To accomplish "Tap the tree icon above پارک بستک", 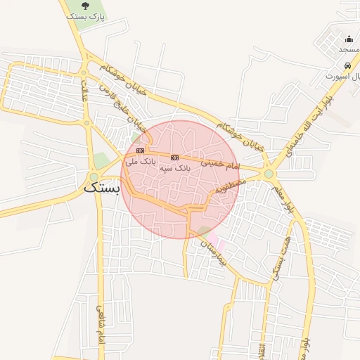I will (x=86, y=6).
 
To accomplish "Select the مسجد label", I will (x=348, y=49).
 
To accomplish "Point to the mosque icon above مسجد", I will (x=349, y=39).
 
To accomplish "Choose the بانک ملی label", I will (x=140, y=161).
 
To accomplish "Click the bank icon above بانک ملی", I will (x=140, y=150).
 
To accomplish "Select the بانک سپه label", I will (x=175, y=168).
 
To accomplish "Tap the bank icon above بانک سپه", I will (x=175, y=157).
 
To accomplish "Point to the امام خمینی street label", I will (x=220, y=163).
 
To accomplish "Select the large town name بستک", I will (x=102, y=188).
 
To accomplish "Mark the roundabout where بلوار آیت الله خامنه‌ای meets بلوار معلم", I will (x=269, y=173).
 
